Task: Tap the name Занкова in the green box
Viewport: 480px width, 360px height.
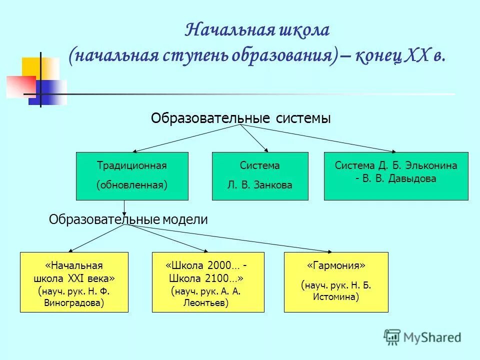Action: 274,185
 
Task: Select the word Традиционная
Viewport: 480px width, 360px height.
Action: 131,165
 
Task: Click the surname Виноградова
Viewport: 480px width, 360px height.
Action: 74,302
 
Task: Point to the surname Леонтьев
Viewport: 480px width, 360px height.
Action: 208,302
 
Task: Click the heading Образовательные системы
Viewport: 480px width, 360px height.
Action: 240,118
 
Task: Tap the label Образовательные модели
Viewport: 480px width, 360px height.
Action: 128,219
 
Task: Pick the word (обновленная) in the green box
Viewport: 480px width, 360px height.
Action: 131,185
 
